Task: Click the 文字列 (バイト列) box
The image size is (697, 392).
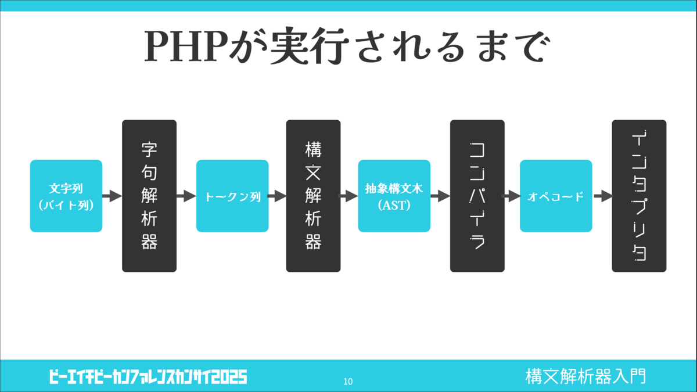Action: (66, 196)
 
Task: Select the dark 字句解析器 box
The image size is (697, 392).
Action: (149, 196)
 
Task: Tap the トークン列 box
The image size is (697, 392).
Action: (232, 196)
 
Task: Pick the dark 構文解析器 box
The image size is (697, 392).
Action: (313, 196)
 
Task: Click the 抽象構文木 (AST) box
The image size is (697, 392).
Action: (394, 196)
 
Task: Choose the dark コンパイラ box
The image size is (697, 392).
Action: (477, 196)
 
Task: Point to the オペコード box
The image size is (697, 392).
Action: (556, 196)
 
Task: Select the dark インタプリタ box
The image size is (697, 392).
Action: (639, 196)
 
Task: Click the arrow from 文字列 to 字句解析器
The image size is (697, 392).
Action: (112, 196)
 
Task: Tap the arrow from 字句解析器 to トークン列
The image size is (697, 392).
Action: (186, 196)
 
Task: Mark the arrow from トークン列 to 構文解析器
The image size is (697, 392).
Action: (277, 196)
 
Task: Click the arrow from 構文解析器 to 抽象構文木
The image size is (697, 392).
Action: (348, 196)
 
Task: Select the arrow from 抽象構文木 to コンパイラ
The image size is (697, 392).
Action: (440, 196)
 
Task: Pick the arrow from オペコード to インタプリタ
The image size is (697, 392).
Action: (603, 196)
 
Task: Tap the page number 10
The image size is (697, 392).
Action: (348, 381)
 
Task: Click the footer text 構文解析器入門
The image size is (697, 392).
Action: (585, 376)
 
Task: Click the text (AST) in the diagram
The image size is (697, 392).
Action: (394, 205)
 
